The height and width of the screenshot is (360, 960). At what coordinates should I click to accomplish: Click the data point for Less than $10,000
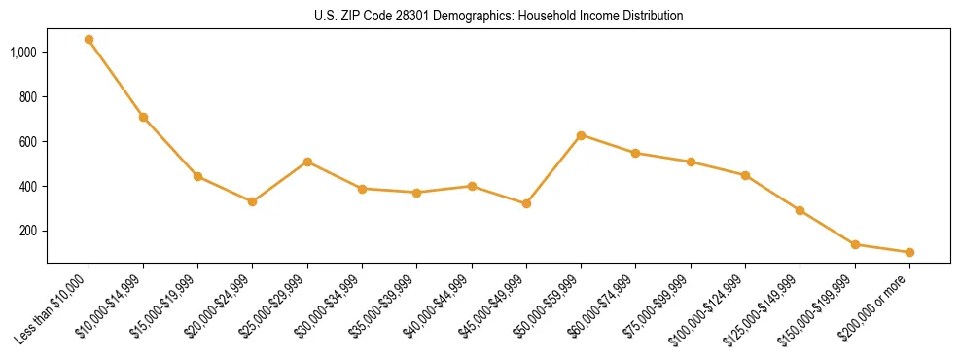point(89,40)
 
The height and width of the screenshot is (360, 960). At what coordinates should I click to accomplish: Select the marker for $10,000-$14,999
point(143,117)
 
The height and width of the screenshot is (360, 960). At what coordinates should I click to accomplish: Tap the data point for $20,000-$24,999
point(253,201)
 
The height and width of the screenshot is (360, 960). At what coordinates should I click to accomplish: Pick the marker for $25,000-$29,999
point(307,162)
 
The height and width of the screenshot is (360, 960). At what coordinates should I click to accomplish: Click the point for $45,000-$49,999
point(526,203)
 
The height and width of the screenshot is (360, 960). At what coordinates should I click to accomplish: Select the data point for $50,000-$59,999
point(581,135)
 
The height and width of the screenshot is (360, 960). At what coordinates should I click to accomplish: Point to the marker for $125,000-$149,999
point(800,210)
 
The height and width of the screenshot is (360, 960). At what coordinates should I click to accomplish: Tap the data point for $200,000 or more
point(909,252)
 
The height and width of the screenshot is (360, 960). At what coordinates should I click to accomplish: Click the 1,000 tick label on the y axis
point(23,52)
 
